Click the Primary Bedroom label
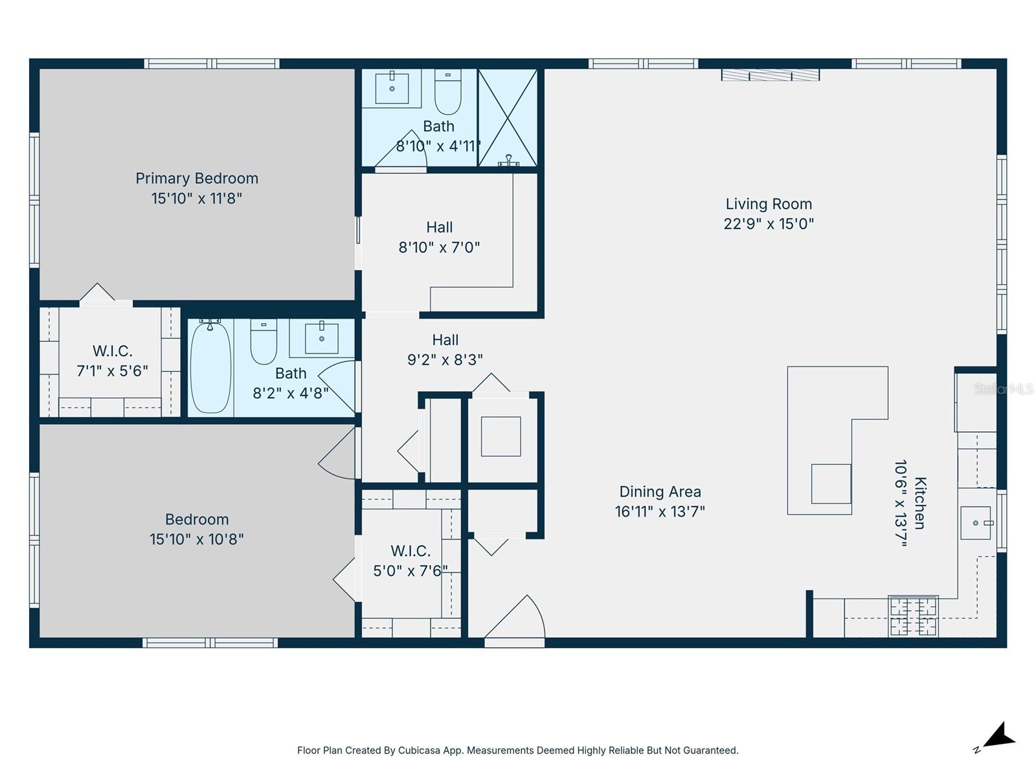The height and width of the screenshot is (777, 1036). coord(197,178)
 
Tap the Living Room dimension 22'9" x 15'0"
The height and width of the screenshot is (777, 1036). coord(769,224)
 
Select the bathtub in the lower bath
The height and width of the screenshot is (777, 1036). coord(210,368)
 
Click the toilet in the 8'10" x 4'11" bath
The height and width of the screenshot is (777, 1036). coord(447,92)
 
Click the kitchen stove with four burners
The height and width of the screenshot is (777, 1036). coord(913,616)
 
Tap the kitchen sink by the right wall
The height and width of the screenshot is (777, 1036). coord(976,523)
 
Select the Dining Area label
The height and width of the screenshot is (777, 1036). coord(660,492)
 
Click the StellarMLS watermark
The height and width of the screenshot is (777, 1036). coord(1004,389)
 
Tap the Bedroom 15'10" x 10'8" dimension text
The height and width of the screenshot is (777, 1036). coord(197,539)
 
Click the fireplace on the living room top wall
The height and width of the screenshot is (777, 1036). coord(771,75)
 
